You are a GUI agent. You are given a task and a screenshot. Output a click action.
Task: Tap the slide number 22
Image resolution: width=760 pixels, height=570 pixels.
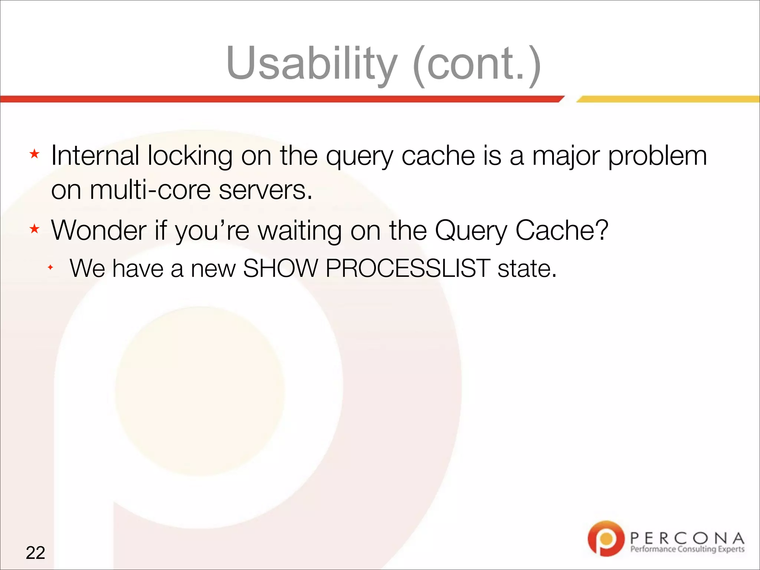[x=35, y=553]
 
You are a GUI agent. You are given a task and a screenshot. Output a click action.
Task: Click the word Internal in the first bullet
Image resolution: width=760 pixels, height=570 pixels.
[x=95, y=155]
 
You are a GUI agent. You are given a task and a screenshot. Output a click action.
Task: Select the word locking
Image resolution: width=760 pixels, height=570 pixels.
[x=190, y=156]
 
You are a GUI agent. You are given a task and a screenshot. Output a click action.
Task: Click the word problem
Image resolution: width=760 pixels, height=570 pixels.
[x=658, y=156]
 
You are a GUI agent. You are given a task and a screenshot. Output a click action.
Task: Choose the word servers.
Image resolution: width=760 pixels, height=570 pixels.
[x=265, y=190]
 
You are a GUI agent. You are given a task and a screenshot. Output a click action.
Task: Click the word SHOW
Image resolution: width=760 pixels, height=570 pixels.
[x=281, y=268]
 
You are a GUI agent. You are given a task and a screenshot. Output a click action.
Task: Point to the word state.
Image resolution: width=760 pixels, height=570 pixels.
[x=527, y=268]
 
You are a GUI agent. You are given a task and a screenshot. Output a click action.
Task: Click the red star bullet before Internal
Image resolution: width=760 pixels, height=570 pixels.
[x=35, y=154]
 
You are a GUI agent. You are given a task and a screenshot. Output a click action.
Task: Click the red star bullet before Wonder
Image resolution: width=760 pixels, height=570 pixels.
[x=35, y=229]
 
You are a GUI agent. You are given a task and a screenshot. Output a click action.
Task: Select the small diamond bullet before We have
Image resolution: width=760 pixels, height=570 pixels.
[x=50, y=267]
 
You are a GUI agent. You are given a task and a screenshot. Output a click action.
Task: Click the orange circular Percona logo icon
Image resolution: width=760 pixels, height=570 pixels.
[x=606, y=538]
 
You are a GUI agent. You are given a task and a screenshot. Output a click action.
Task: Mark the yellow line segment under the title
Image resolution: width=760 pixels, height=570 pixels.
[x=668, y=99]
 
